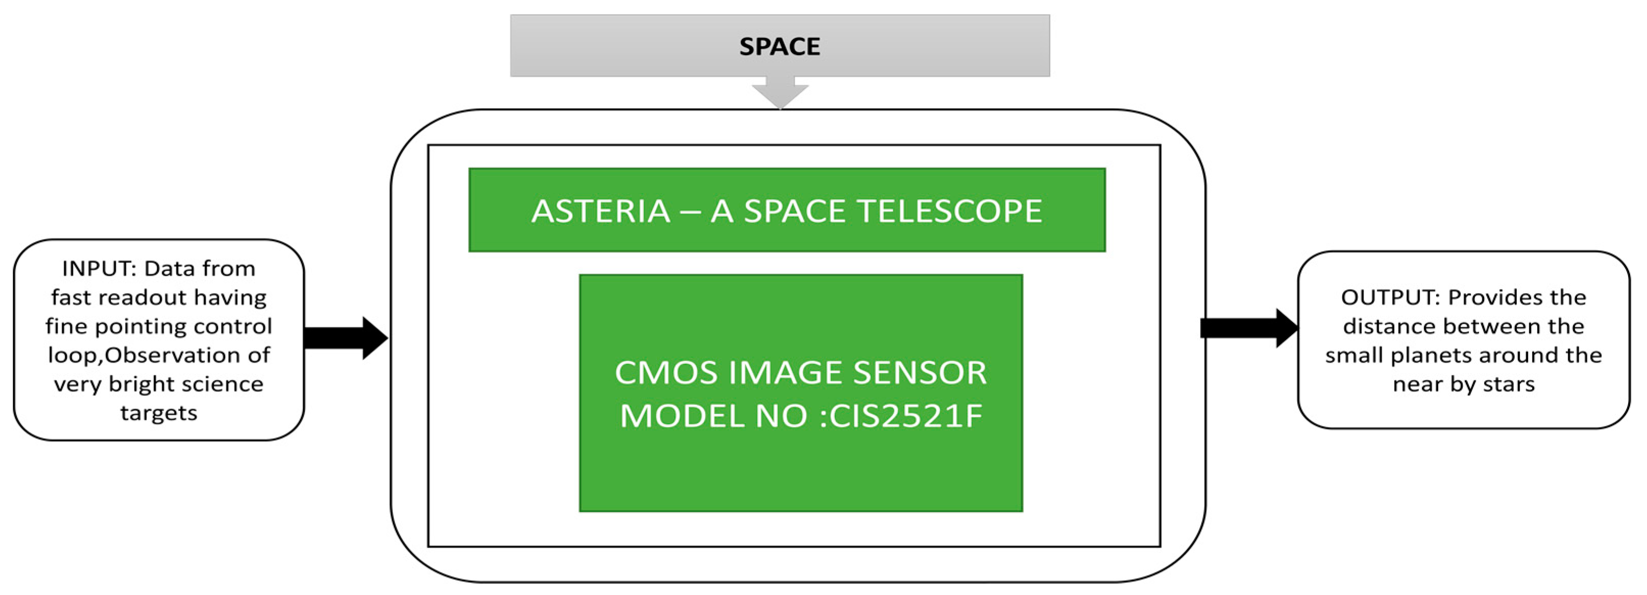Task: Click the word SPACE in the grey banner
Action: click(x=779, y=46)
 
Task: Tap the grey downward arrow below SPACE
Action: click(x=779, y=93)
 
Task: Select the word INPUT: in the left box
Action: click(x=99, y=268)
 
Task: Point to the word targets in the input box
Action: click(x=159, y=413)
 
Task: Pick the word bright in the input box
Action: click(x=141, y=385)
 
